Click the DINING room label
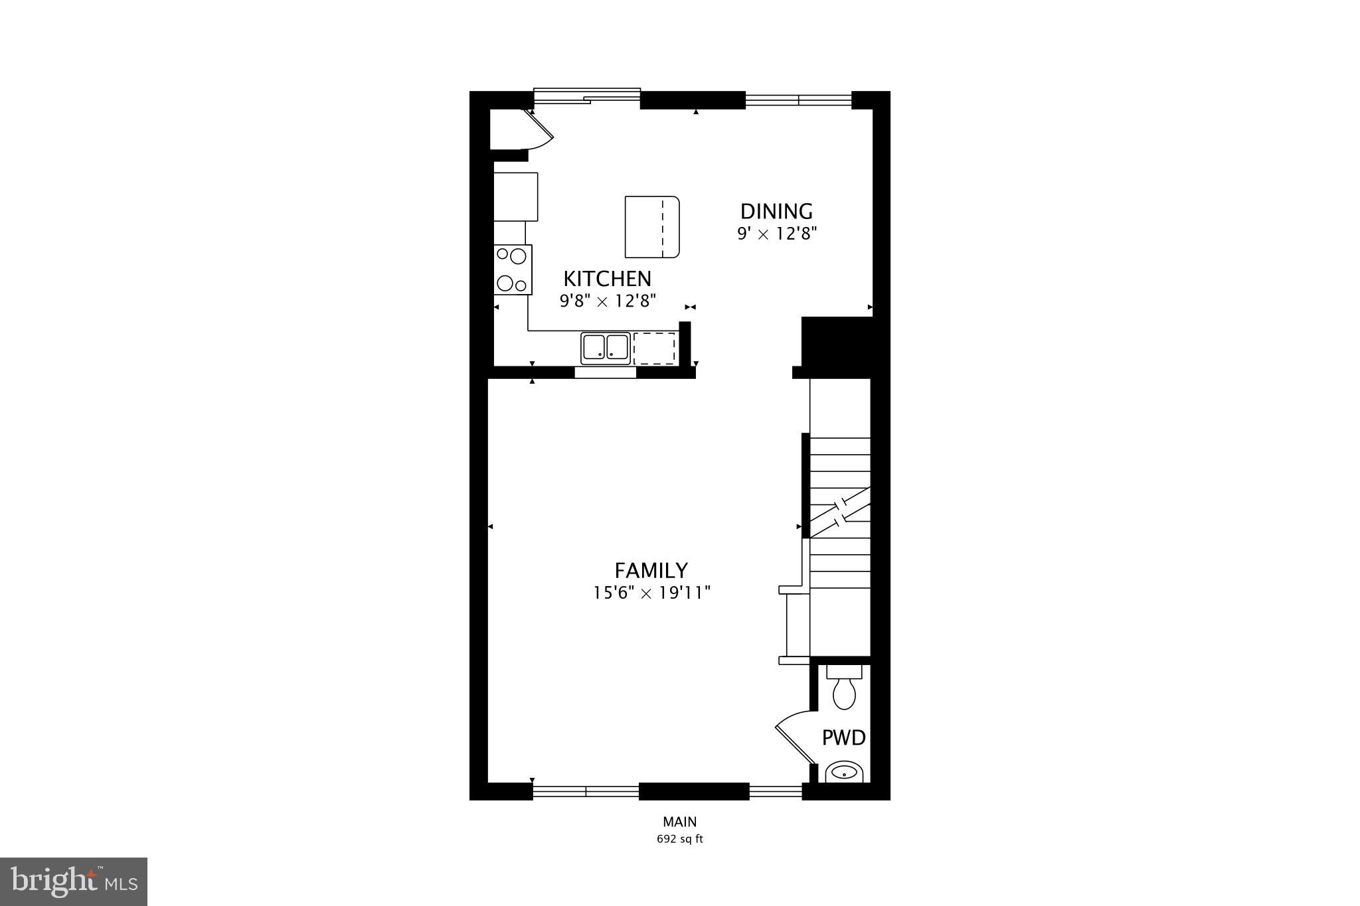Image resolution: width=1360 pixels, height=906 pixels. [x=776, y=212]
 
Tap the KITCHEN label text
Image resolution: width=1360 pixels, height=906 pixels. [x=607, y=279]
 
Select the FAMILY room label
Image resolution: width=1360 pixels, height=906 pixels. [x=651, y=571]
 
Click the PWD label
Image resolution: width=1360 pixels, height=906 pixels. [x=843, y=738]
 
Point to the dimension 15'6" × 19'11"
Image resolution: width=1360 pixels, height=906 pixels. [x=651, y=593]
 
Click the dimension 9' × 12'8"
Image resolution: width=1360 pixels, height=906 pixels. [x=776, y=234]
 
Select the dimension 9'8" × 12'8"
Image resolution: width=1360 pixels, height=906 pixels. [x=608, y=301]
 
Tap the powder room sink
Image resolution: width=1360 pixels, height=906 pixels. [x=844, y=773]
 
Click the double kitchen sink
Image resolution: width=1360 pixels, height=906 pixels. [x=605, y=348]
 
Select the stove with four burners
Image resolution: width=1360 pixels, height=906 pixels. [x=513, y=269]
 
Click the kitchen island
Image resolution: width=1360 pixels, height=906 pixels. [x=651, y=227]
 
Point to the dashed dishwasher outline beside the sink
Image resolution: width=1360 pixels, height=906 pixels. [x=654, y=348]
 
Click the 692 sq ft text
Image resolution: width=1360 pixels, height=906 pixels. [x=679, y=839]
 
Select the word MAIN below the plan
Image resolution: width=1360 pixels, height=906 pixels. [x=679, y=822]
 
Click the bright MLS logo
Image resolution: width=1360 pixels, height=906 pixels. [x=74, y=881]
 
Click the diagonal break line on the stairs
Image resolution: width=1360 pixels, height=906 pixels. [x=840, y=511]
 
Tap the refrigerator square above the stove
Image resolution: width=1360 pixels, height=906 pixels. [x=516, y=196]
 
